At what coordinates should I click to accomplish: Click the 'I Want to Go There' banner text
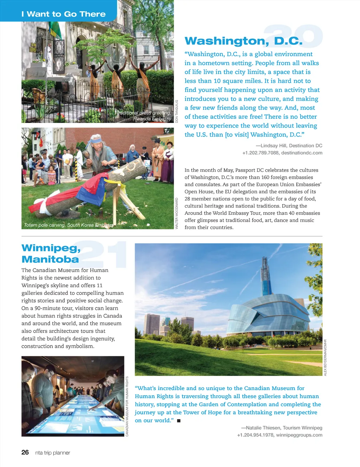click(x=63, y=14)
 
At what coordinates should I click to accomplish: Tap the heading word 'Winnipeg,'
click(x=51, y=248)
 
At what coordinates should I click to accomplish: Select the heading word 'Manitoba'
click(x=50, y=259)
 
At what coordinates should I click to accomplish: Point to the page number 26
click(x=25, y=452)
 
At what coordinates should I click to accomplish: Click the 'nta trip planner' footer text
click(x=53, y=453)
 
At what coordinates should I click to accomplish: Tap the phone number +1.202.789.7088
click(x=260, y=153)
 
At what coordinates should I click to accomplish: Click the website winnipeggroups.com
click(x=299, y=435)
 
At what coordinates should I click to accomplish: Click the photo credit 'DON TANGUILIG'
click(x=177, y=111)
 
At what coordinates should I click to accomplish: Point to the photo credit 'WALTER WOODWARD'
click(x=177, y=213)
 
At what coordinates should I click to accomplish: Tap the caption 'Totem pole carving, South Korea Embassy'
click(x=69, y=225)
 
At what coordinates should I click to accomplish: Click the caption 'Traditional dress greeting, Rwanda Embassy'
click(x=144, y=116)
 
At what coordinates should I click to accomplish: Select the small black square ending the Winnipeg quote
click(x=179, y=421)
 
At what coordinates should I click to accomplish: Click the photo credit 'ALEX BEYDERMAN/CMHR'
click(x=325, y=357)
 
